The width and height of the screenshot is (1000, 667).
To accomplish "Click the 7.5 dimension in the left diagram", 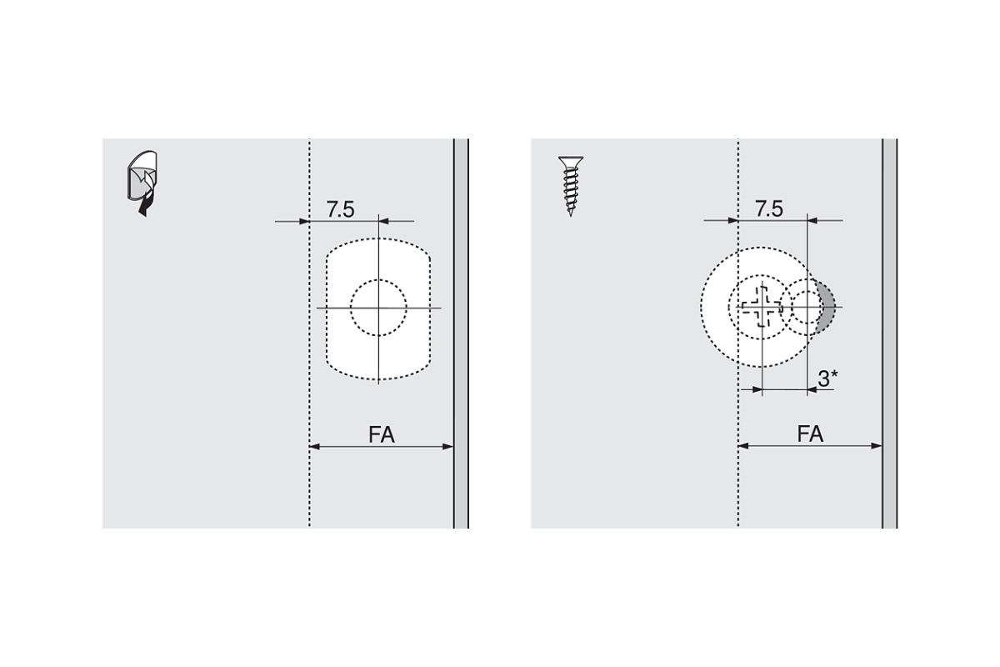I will click(x=340, y=209).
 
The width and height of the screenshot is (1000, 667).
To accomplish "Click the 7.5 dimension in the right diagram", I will click(x=768, y=209).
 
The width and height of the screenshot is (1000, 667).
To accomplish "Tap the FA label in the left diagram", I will click(x=381, y=434).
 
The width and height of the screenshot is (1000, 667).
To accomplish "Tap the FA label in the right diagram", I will click(x=810, y=434).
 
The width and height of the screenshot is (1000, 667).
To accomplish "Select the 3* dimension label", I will click(x=827, y=379).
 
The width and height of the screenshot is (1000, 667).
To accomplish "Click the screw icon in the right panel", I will click(x=571, y=185).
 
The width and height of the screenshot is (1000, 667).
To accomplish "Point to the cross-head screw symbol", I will click(x=760, y=307).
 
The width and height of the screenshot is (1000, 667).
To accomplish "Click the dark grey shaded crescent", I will click(x=828, y=307).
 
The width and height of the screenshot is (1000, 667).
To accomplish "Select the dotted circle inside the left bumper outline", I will click(x=378, y=308).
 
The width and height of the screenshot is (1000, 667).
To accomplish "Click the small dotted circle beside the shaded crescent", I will click(x=805, y=307).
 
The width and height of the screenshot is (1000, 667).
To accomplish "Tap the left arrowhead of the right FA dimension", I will click(x=744, y=446).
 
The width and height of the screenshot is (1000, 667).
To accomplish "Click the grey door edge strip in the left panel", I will click(x=461, y=333).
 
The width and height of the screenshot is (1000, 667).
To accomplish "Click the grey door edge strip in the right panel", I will click(x=889, y=333).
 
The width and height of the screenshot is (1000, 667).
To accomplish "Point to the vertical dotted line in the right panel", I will click(x=737, y=484).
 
